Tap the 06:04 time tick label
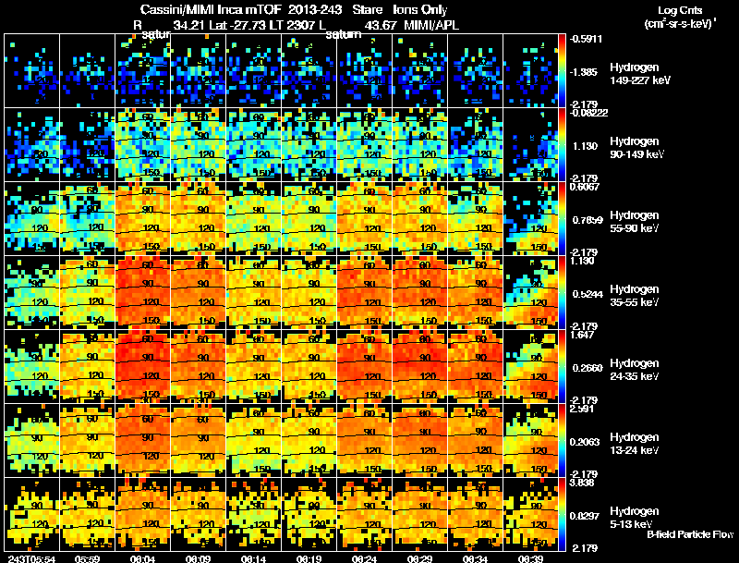point(142,558)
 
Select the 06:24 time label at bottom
point(364,558)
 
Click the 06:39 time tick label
point(530,558)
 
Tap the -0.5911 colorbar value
point(588,39)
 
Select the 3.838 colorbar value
point(586,483)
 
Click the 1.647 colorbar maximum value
point(586,335)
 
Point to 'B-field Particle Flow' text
point(689,534)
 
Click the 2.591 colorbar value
point(586,409)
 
